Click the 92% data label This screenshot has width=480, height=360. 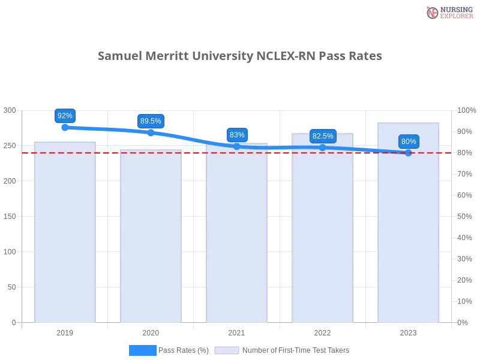coord(65,116)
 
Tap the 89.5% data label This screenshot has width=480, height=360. coord(151,121)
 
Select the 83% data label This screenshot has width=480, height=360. coord(237,135)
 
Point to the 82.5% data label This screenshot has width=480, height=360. coord(323,136)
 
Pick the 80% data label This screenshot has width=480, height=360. coord(409,142)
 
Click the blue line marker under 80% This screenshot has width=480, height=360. coord(409,152)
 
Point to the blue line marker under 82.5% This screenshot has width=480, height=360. coord(323,147)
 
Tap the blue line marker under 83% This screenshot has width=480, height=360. coord(237,146)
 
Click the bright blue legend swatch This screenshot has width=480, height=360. coord(143,350)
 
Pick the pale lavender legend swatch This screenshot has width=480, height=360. coord(227,350)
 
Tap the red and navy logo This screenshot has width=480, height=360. coord(448,12)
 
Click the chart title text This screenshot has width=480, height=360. coord(240,56)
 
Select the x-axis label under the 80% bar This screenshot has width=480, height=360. coord(408,331)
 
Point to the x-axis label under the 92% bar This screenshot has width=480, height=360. coord(65,331)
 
